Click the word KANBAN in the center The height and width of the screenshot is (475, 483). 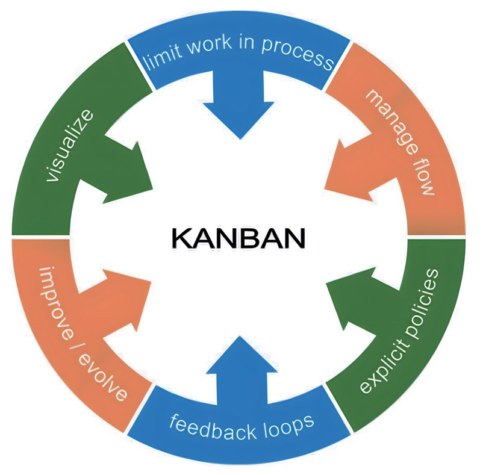238,238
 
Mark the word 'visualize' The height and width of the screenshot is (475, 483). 70,144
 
